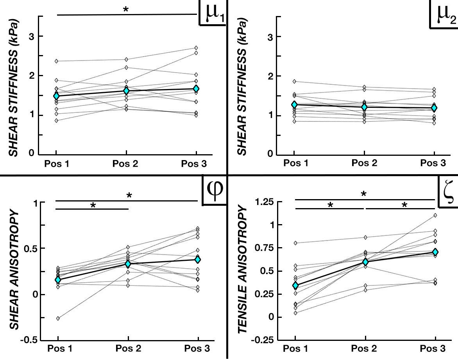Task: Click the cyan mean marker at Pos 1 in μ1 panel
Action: (57, 96)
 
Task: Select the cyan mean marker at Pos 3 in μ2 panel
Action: (434, 108)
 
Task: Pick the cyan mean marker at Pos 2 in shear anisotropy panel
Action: (128, 264)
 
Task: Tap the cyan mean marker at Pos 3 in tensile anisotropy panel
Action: (435, 252)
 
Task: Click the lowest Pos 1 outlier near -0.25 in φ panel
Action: (58, 319)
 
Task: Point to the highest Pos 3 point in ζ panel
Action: (435, 215)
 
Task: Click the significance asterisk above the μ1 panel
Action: (125, 10)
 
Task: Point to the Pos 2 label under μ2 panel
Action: (364, 163)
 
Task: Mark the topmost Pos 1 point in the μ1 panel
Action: (57, 61)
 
